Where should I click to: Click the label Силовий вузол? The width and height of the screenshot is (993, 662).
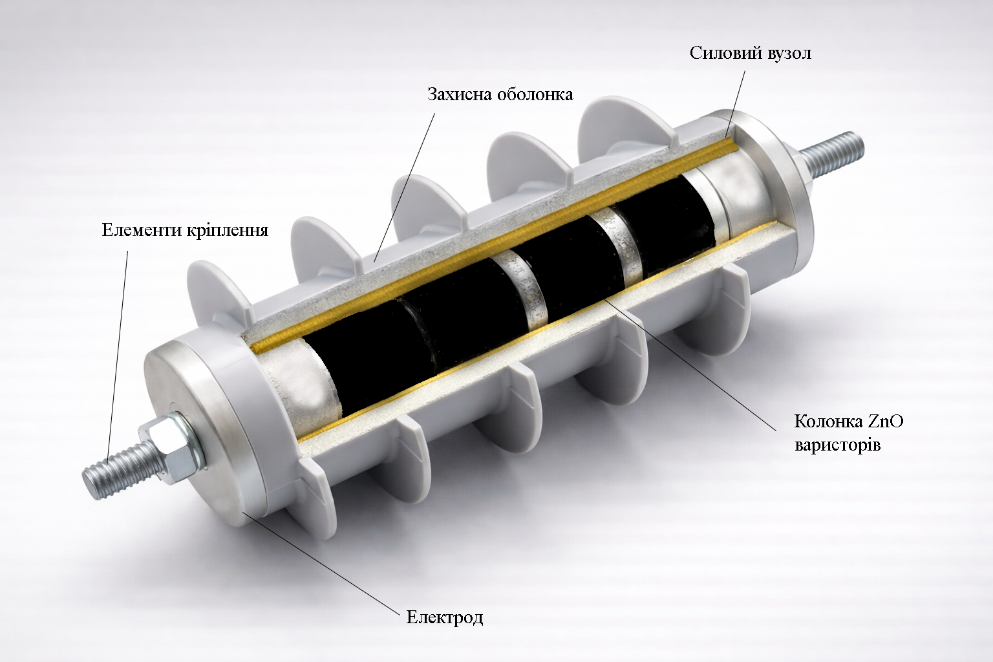[x=751, y=54]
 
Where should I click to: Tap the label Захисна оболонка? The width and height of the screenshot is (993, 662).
[x=500, y=94]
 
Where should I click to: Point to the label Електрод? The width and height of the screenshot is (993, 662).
[x=445, y=617]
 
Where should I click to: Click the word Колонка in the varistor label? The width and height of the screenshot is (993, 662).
[x=827, y=422]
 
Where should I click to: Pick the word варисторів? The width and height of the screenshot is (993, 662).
[x=837, y=445]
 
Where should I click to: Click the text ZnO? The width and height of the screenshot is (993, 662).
[x=885, y=422]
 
